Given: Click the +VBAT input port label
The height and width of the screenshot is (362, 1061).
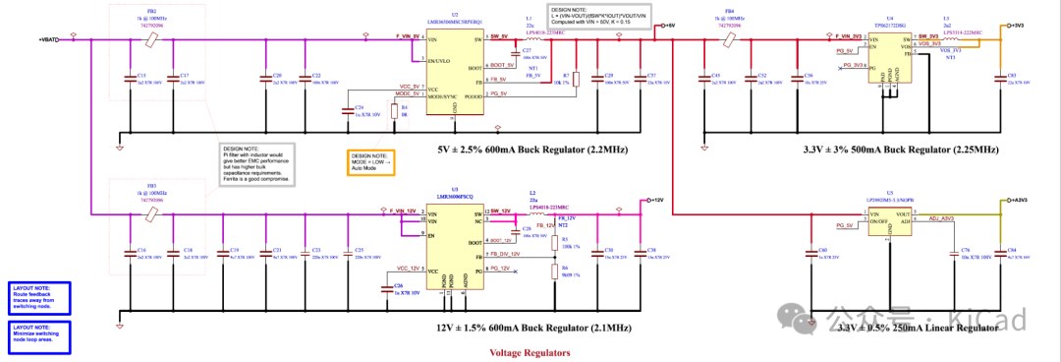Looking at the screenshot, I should [48, 39].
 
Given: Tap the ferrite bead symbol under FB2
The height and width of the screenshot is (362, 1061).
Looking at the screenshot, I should [150, 39].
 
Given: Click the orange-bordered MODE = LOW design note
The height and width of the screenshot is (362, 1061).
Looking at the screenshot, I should [367, 162].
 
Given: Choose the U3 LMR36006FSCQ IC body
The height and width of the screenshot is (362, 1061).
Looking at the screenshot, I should [453, 246].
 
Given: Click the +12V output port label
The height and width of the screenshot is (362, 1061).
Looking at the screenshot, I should [657, 200].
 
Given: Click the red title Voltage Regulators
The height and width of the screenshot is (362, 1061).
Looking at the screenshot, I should [530, 351].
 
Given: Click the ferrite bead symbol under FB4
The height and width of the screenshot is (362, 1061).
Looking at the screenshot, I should [729, 39].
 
